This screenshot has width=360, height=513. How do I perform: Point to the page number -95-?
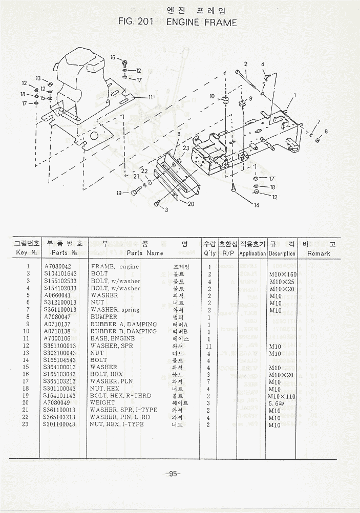tap(173, 474)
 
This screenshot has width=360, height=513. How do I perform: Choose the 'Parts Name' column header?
tap(145, 253)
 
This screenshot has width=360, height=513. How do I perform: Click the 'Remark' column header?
tap(319, 253)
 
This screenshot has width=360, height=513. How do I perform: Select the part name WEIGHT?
tap(103, 403)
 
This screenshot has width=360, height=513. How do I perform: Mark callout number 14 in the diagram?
tap(256, 205)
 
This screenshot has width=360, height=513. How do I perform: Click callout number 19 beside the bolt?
tap(119, 193)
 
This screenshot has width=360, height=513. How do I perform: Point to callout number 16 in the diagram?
tap(113, 57)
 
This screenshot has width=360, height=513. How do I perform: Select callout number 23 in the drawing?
tap(186, 148)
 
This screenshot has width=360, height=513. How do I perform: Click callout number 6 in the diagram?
tap(326, 131)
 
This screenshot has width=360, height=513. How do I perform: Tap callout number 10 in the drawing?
tap(212, 96)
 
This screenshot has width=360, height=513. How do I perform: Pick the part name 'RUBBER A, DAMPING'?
tap(116, 324)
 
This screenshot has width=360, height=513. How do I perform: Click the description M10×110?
tap(283, 396)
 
